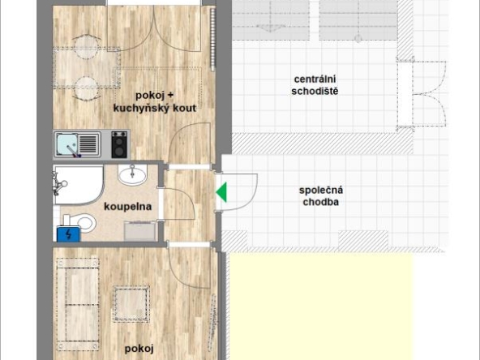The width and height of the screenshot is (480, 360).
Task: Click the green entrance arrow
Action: point(222,192)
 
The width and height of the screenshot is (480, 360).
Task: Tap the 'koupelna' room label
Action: point(127,207)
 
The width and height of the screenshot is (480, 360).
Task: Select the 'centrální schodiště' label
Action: point(315,85)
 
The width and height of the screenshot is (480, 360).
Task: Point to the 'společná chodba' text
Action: point(321,196)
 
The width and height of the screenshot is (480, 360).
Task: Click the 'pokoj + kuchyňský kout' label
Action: point(155,101)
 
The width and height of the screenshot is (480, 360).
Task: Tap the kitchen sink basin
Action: point(66,144)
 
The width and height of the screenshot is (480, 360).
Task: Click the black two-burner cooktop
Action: point(119,144)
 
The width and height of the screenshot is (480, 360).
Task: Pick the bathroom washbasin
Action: point(132,174)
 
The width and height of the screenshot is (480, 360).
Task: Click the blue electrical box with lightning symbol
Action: point(69,234)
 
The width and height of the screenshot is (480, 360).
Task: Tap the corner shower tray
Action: point(79,185)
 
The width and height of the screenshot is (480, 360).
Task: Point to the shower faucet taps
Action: point(58,184)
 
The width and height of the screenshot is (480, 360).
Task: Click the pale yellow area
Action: point(321,306)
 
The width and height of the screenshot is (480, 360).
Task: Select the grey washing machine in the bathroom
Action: point(140,230)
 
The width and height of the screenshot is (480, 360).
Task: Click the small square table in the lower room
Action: point(131,304)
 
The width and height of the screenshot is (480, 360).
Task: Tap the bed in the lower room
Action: point(78,304)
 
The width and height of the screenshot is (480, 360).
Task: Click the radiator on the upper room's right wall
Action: point(212,39)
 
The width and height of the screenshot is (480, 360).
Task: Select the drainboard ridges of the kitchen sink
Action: point(89,144)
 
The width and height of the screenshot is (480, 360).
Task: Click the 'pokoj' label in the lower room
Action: point(139,349)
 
